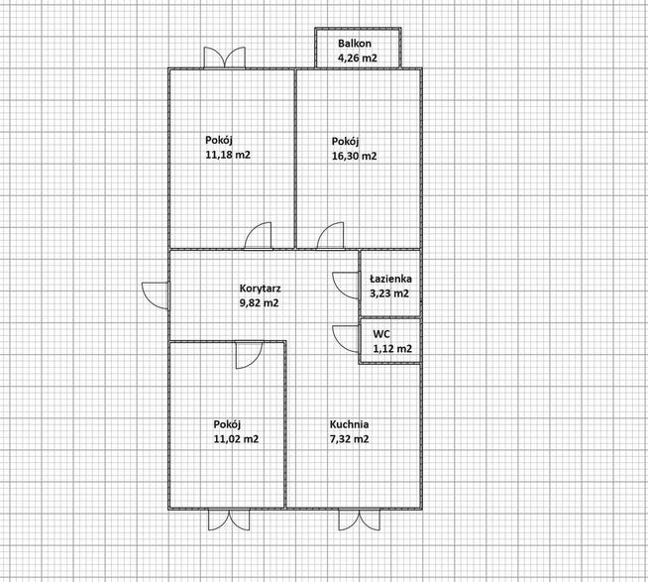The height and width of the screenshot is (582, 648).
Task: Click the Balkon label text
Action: tap(355, 44)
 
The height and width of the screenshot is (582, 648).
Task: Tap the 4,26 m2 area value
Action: tap(358, 58)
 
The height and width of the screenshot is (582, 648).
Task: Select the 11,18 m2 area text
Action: tap(228, 155)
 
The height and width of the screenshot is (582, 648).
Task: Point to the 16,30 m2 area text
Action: tap(354, 156)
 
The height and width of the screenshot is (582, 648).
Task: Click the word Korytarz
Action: tap(261, 289)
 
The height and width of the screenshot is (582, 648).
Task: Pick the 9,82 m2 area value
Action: tap(260, 302)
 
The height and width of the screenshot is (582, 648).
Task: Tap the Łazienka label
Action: tap(390, 279)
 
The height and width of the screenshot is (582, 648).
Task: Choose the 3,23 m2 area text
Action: tap(389, 293)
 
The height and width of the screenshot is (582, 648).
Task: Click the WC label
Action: tap(381, 334)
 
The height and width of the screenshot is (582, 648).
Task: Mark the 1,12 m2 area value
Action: tap(392, 349)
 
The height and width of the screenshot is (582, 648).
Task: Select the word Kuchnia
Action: tap(349, 424)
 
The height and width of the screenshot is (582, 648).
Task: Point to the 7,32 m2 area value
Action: tap(349, 439)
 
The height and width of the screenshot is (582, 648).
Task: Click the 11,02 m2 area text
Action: tap(236, 439)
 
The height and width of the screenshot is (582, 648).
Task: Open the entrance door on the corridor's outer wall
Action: tap(155, 295)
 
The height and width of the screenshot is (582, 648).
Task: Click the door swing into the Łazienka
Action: tap(346, 286)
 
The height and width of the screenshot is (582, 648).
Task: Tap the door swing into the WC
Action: tap(346, 339)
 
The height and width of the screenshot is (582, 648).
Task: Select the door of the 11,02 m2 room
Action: tap(250, 355)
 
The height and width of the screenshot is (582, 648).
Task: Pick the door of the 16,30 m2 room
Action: tap(331, 236)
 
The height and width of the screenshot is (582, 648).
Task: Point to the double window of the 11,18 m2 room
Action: tap(224, 58)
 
